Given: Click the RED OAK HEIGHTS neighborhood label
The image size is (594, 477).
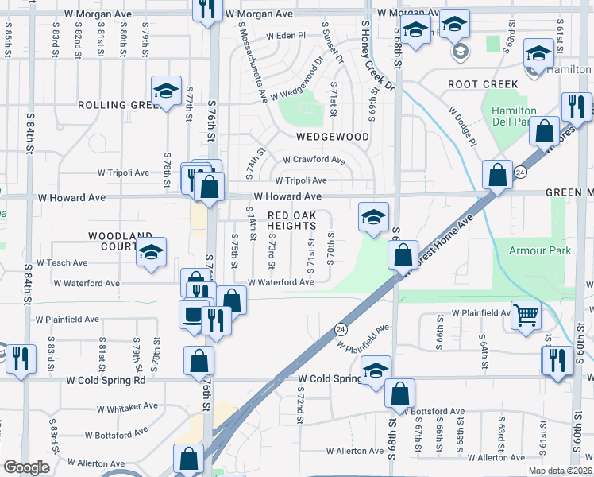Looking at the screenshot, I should click(291, 220).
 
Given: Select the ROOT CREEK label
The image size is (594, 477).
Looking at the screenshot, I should click(483, 84).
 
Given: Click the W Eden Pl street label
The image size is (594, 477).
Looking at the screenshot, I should click(286, 36).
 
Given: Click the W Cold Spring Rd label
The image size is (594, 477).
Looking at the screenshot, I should click(106, 380).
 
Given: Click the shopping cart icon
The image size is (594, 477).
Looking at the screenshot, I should click(526, 315).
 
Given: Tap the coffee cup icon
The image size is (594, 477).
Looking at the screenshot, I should click(194, 314).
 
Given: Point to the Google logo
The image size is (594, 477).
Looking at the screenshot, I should click(26, 468).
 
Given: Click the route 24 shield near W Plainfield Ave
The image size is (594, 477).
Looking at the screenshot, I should click(340, 328).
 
